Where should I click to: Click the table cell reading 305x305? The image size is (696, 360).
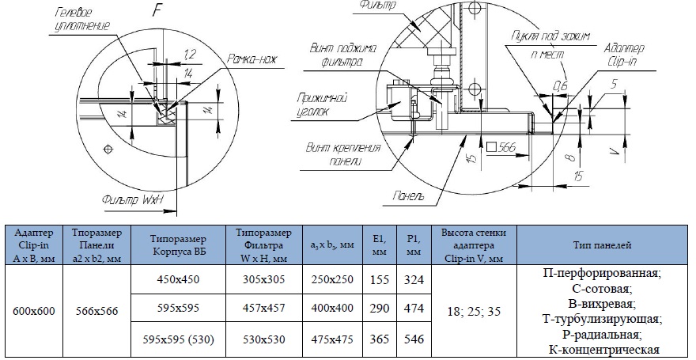(x=264, y=279)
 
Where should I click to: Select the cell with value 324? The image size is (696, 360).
(x=414, y=279)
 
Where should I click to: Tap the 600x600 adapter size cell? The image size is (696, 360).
(x=34, y=311)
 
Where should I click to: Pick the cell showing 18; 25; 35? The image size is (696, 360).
(x=474, y=311)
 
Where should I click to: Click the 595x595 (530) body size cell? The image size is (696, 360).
(x=179, y=339)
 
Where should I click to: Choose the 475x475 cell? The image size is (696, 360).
(x=332, y=339)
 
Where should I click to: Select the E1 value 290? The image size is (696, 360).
(x=380, y=308)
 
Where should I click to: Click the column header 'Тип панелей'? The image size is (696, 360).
(x=603, y=245)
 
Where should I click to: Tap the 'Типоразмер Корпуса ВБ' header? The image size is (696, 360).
(x=179, y=245)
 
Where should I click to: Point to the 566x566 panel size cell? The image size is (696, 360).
(x=96, y=311)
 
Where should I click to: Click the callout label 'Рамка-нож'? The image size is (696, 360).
(x=252, y=59)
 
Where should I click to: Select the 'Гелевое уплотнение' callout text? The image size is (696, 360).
(x=82, y=19)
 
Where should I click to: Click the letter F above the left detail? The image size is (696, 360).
(x=157, y=9)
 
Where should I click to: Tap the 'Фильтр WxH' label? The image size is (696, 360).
(x=133, y=199)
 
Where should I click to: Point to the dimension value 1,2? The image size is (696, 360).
(x=190, y=55)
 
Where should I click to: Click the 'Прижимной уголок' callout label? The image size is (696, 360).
(x=322, y=104)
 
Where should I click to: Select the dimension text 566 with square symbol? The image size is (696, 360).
(x=501, y=147)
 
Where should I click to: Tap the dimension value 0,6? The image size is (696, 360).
(x=560, y=85)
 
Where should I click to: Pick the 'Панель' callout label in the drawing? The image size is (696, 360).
(x=408, y=195)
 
